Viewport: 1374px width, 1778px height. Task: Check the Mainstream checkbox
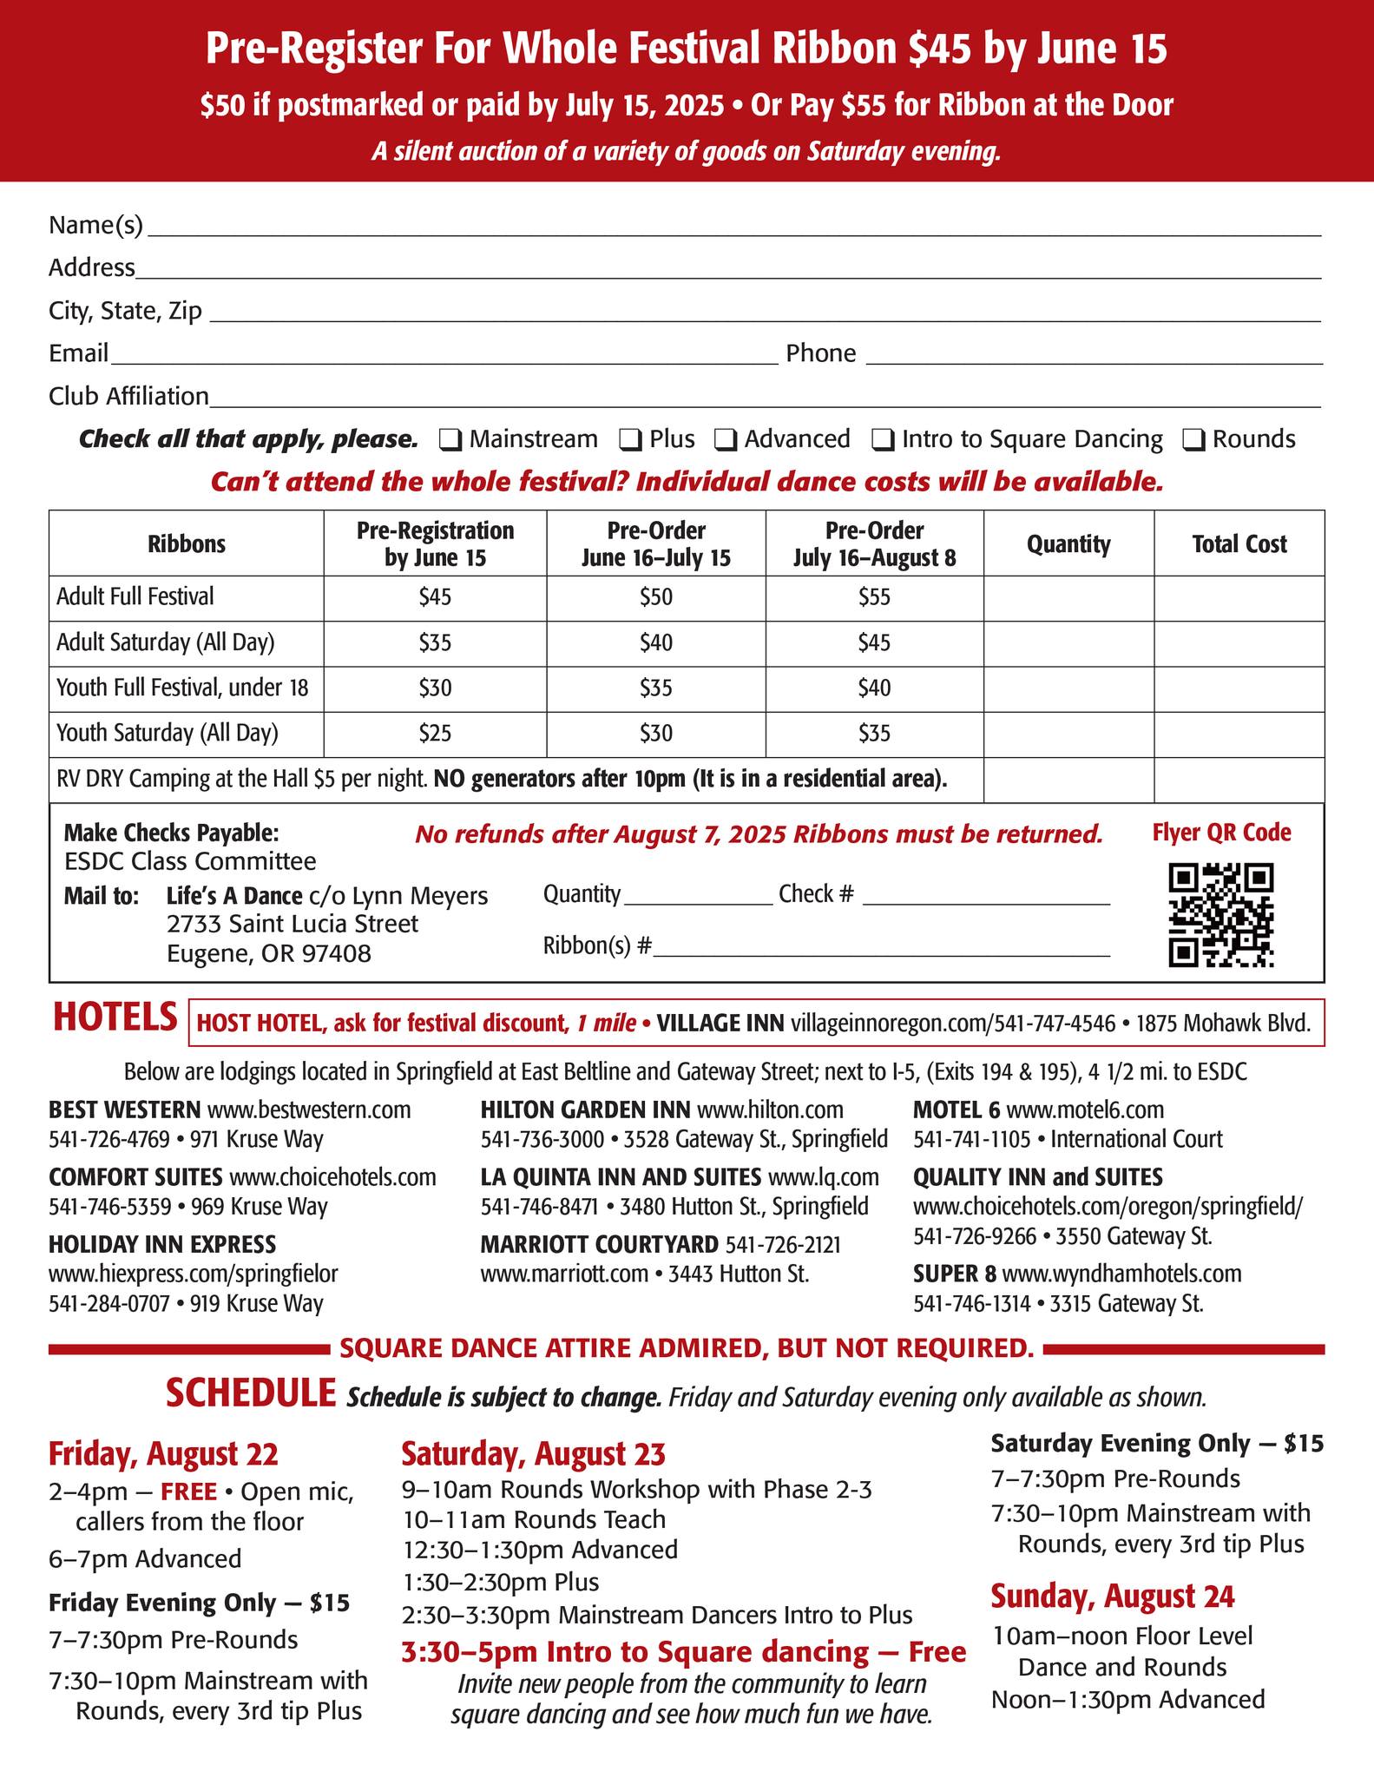click(450, 440)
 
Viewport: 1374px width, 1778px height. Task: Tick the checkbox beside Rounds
click(1193, 440)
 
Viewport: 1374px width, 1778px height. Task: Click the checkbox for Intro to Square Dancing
click(883, 440)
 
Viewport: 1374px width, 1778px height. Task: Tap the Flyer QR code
click(1220, 915)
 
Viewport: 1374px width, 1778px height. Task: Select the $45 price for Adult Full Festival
click(435, 597)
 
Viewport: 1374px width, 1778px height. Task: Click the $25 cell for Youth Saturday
click(435, 734)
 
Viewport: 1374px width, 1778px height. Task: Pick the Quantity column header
click(1068, 544)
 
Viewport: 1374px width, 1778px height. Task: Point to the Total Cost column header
click(1239, 544)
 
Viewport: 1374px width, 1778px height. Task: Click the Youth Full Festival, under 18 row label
click(182, 688)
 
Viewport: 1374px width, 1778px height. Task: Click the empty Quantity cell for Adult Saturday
click(1068, 643)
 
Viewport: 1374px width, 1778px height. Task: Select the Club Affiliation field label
click(128, 397)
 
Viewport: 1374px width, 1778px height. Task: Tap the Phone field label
click(820, 353)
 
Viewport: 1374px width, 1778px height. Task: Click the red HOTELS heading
click(115, 1017)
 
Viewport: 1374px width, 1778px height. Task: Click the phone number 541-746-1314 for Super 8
click(971, 1303)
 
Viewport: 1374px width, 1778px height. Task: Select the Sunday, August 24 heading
click(1112, 1596)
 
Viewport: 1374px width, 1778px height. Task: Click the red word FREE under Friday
click(188, 1492)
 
